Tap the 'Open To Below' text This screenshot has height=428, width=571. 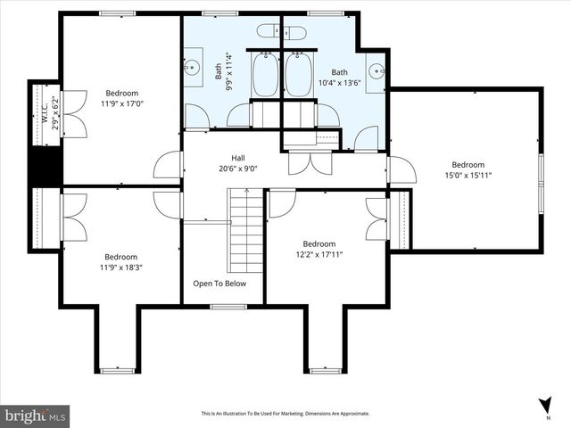point(219,284)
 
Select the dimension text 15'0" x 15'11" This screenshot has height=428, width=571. point(468,176)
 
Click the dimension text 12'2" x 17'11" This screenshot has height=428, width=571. point(319,255)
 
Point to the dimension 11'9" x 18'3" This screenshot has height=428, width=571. point(120,267)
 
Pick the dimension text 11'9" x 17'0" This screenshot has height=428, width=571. point(121,103)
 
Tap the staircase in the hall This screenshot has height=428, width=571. point(246,234)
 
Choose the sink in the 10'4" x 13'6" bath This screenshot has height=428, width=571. point(375,70)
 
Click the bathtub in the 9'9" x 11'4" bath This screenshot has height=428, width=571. point(266,75)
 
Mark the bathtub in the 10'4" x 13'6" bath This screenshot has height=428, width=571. point(299,75)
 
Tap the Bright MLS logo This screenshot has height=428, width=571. point(36,416)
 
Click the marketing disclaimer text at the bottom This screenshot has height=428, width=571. point(285,414)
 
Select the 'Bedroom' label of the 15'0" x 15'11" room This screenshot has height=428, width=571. point(468,164)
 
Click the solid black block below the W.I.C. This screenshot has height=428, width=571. point(45,166)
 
